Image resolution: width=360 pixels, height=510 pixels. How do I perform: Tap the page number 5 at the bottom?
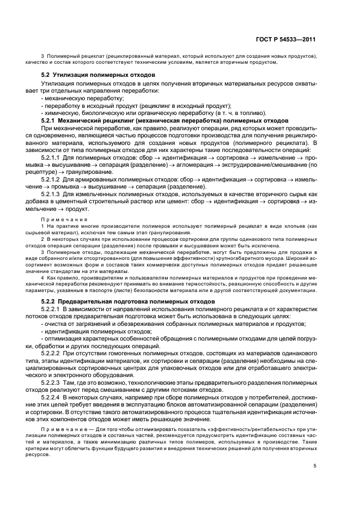314,465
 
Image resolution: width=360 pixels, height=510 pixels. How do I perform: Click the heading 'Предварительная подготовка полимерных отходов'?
136,301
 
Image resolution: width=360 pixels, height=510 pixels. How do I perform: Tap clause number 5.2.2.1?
54,309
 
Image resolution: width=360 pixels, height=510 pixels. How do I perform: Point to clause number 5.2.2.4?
54,398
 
